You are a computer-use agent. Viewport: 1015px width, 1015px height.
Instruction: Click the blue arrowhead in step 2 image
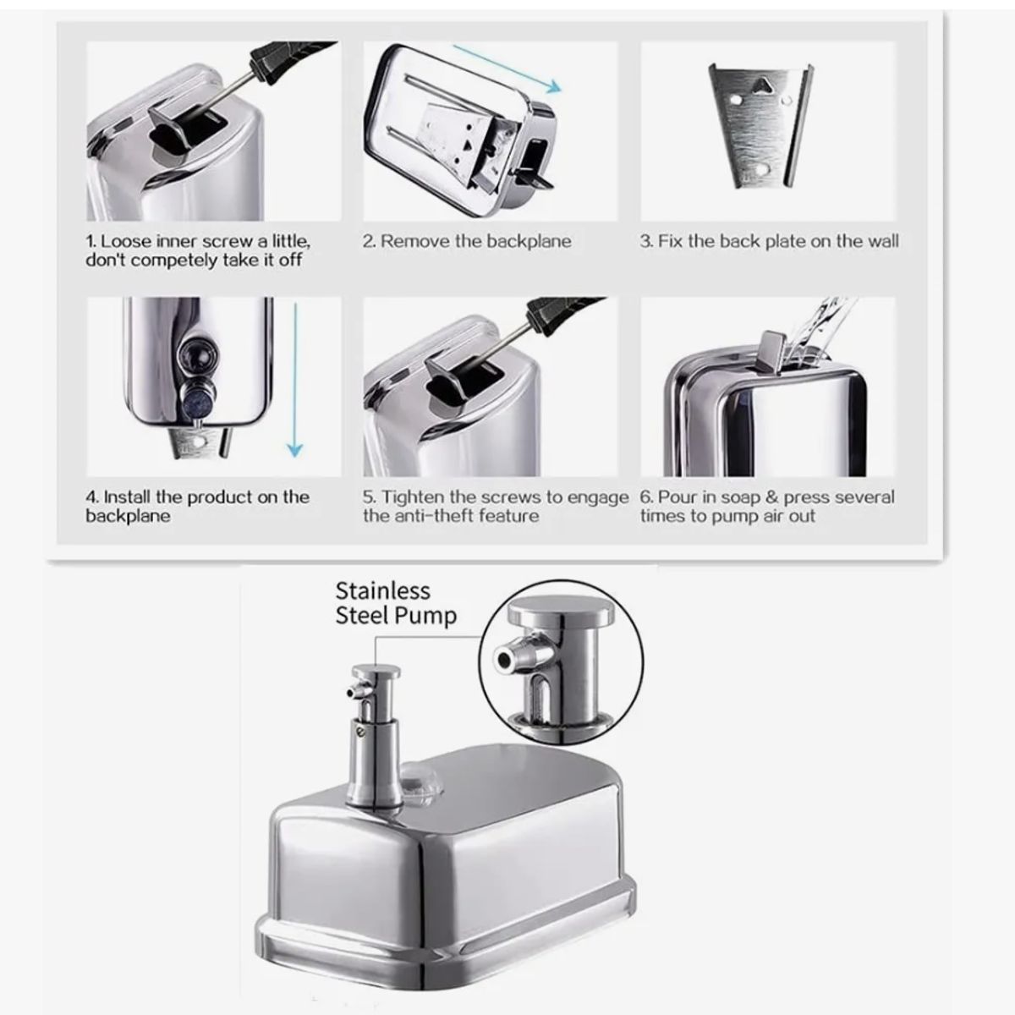[552, 87]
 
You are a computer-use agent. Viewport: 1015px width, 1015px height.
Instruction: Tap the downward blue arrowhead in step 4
[294, 450]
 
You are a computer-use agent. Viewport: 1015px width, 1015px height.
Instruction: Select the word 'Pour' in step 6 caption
[676, 497]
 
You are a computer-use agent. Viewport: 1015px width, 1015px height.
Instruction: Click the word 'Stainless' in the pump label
[383, 591]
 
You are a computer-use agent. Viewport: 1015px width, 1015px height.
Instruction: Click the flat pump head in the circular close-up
[562, 610]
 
